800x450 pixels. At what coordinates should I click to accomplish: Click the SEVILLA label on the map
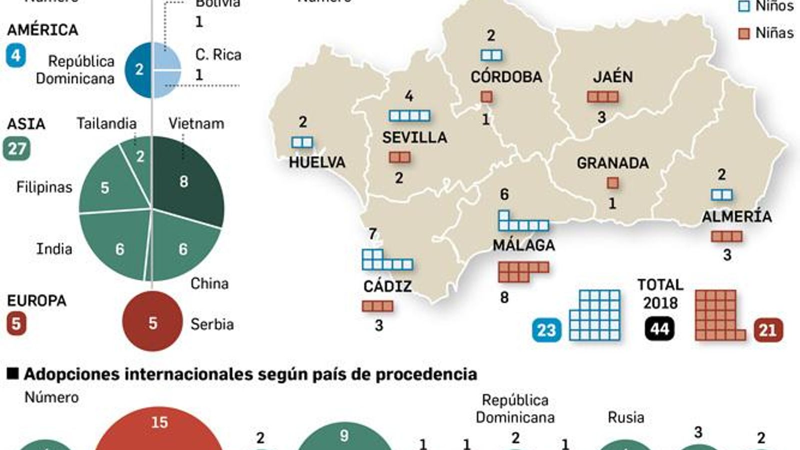pyautogui.click(x=414, y=137)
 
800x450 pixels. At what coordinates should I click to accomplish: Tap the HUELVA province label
pyautogui.click(x=317, y=162)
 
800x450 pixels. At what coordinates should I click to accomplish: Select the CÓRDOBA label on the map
pyautogui.click(x=506, y=77)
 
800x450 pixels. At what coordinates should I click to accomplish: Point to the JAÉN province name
pyautogui.click(x=613, y=77)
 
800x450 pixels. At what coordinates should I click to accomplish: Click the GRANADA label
pyautogui.click(x=612, y=163)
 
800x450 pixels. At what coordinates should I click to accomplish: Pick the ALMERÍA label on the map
pyautogui.click(x=736, y=216)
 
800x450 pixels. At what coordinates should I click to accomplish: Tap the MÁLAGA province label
pyautogui.click(x=523, y=245)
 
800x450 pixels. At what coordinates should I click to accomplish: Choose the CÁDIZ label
pyautogui.click(x=387, y=286)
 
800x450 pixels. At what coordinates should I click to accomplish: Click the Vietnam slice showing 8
pyautogui.click(x=187, y=182)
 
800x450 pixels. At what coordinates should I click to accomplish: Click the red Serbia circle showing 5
pyautogui.click(x=152, y=322)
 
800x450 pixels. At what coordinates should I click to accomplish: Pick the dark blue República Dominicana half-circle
pyautogui.click(x=137, y=69)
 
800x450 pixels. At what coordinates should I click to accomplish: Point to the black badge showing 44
pyautogui.click(x=659, y=329)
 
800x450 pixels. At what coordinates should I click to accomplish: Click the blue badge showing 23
pyautogui.click(x=546, y=330)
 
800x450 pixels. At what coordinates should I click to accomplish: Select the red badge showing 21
pyautogui.click(x=767, y=330)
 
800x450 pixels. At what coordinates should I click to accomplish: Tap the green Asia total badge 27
pyautogui.click(x=16, y=149)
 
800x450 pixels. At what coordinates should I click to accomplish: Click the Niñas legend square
pyautogui.click(x=744, y=33)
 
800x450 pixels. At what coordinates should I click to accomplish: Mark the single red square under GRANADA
pyautogui.click(x=612, y=183)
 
